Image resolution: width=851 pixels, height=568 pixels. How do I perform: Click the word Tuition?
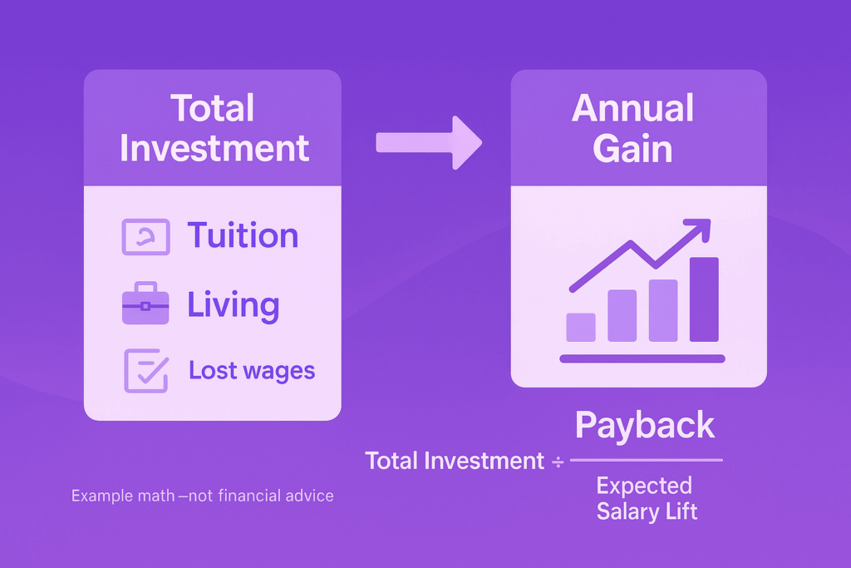pos(243,235)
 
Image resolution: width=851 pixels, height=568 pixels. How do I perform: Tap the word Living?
pos(234,304)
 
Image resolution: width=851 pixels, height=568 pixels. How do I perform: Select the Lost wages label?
pos(252,370)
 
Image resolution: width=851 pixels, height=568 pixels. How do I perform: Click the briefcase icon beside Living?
pos(145,303)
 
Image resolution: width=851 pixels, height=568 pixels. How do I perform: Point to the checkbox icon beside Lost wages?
pos(146,370)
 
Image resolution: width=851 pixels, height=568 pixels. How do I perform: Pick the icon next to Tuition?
pos(146,237)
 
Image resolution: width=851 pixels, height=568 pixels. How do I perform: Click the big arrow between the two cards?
pos(429,143)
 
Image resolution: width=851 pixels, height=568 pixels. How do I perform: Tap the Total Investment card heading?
pos(214,128)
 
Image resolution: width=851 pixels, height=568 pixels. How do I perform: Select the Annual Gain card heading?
pos(632,128)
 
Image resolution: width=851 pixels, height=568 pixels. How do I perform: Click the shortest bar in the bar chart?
pos(581,328)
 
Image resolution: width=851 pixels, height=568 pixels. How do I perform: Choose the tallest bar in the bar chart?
pos(704,299)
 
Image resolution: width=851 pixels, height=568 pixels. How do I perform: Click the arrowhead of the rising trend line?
pos(700,228)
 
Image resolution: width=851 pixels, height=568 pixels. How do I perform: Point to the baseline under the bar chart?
pos(642,358)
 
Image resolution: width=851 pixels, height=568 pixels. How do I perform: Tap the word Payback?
pos(645,425)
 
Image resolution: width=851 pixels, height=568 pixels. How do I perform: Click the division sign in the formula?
pos(558,462)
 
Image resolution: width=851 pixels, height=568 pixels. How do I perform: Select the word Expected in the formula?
pos(644,486)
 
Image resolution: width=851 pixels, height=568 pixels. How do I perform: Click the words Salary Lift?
pos(647,511)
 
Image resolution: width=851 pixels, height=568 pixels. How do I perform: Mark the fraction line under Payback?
pos(647,460)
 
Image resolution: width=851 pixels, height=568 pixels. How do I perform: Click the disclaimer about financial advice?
pos(203,496)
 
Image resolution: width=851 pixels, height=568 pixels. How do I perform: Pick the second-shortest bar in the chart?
pos(622,315)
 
